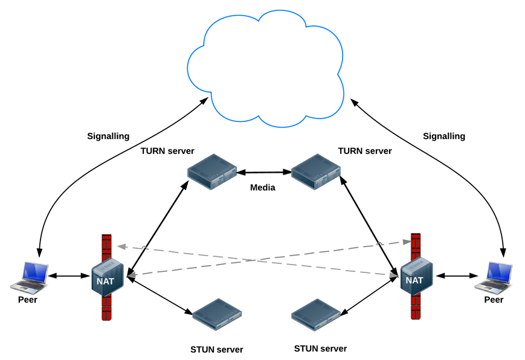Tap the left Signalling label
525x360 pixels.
(108, 137)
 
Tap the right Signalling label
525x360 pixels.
(444, 137)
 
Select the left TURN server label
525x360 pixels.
(167, 151)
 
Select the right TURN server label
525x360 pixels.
(365, 151)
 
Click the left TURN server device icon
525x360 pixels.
(212, 172)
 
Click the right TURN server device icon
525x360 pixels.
(316, 172)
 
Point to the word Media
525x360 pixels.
(263, 187)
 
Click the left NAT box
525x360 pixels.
(108, 277)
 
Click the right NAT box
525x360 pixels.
(416, 276)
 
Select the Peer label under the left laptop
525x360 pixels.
(27, 300)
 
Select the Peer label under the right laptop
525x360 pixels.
(494, 300)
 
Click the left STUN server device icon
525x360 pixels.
(217, 315)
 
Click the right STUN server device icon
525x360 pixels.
(316, 315)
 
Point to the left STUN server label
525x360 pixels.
(217, 350)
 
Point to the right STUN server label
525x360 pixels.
(320, 349)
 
